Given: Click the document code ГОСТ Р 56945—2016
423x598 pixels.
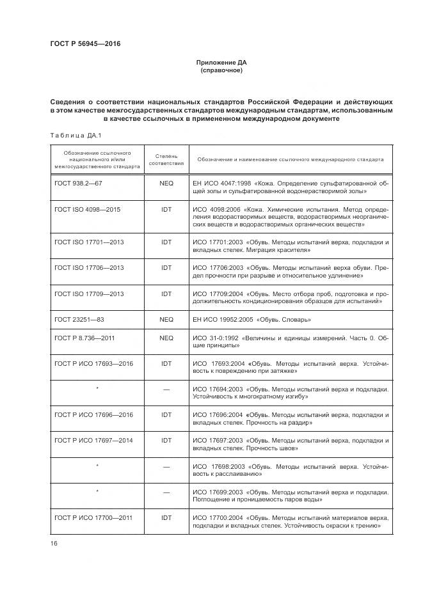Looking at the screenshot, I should [x=85, y=43].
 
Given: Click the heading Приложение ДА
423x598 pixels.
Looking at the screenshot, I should [x=221, y=62].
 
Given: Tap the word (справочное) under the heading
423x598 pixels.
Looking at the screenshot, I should [x=221, y=70].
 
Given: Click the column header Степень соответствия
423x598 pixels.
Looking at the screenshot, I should [x=166, y=159].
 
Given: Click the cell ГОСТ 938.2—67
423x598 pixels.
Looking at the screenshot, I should [x=79, y=183].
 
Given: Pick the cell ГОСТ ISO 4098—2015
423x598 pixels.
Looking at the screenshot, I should [x=88, y=209].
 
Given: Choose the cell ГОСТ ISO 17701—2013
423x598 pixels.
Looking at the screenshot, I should [x=90, y=243].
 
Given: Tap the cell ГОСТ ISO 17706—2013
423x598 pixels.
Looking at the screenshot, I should [x=90, y=268].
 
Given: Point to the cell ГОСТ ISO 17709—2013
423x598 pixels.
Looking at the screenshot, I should [x=90, y=294].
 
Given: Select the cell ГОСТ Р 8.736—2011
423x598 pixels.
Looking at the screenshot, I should [x=84, y=337].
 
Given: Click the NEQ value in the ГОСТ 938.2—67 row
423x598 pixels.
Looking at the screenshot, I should [x=166, y=183].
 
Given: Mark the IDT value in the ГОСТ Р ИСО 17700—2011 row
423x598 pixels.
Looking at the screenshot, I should [x=166, y=517].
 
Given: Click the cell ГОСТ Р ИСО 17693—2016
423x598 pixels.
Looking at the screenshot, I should [x=94, y=363].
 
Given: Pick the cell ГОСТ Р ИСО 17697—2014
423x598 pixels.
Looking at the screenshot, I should [x=94, y=441].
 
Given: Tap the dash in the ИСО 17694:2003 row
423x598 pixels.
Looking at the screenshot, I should [x=166, y=389].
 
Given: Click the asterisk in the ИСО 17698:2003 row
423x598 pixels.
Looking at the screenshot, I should [x=97, y=466].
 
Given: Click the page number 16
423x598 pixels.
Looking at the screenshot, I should [x=54, y=544].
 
